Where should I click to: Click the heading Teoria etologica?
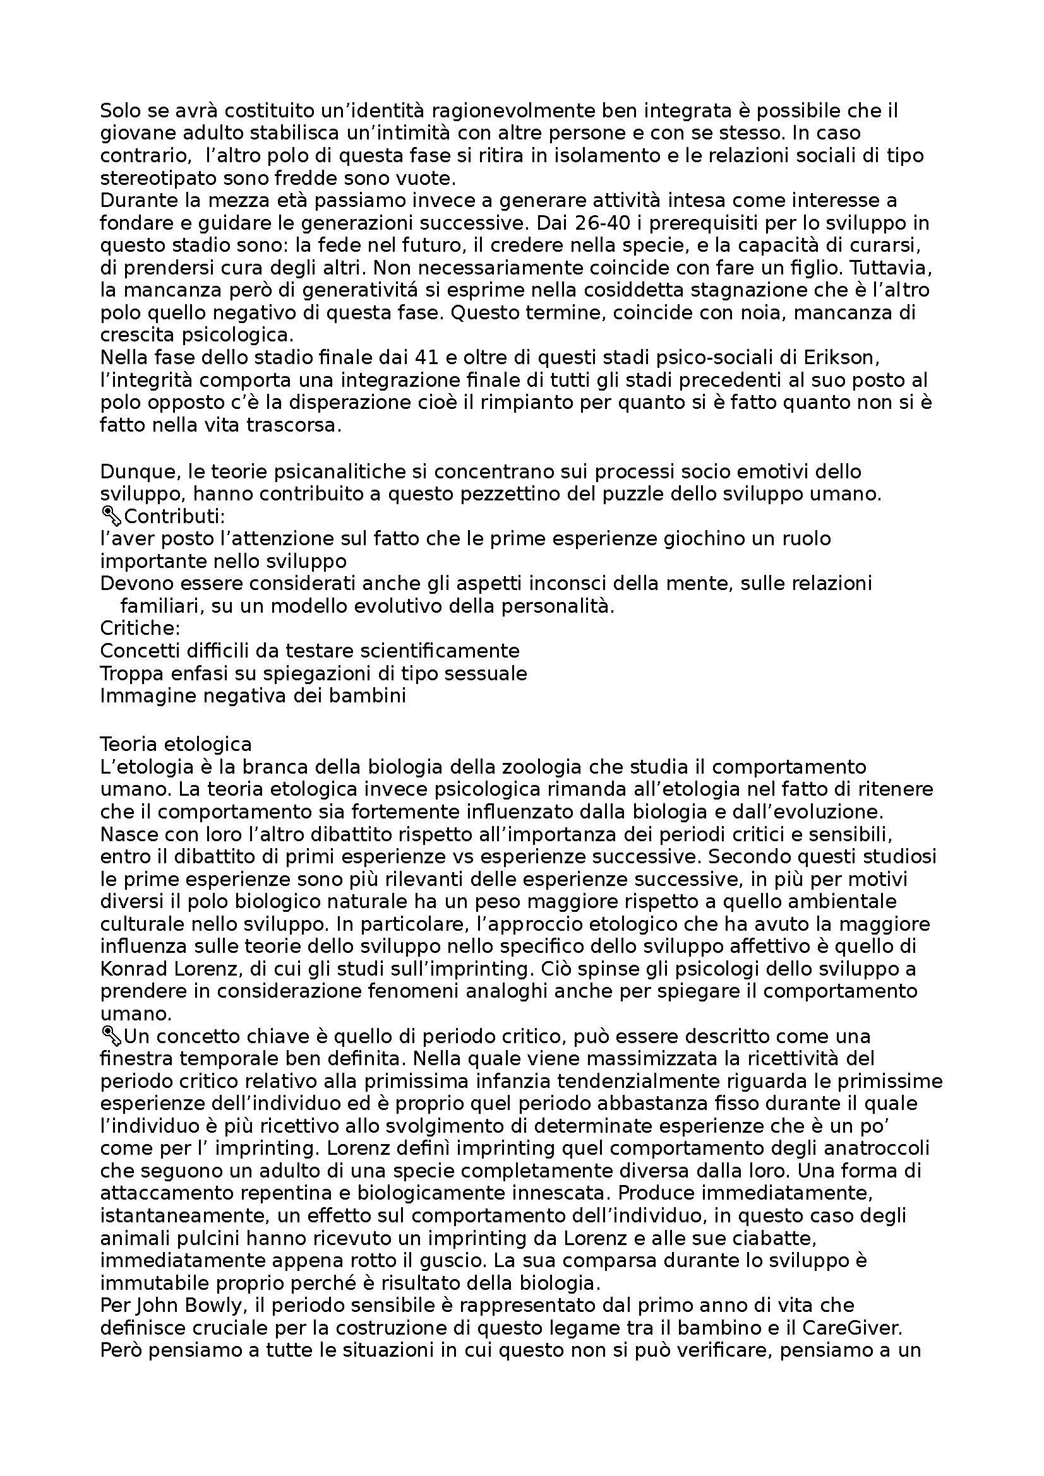click(176, 744)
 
